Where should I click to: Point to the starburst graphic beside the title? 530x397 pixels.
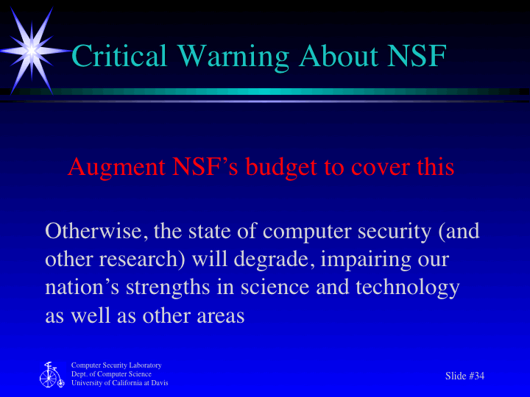point(31,49)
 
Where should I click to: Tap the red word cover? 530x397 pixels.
point(381,168)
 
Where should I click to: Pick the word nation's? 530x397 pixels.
point(76,287)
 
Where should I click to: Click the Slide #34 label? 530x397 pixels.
point(465,376)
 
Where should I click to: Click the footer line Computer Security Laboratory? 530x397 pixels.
point(116,365)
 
